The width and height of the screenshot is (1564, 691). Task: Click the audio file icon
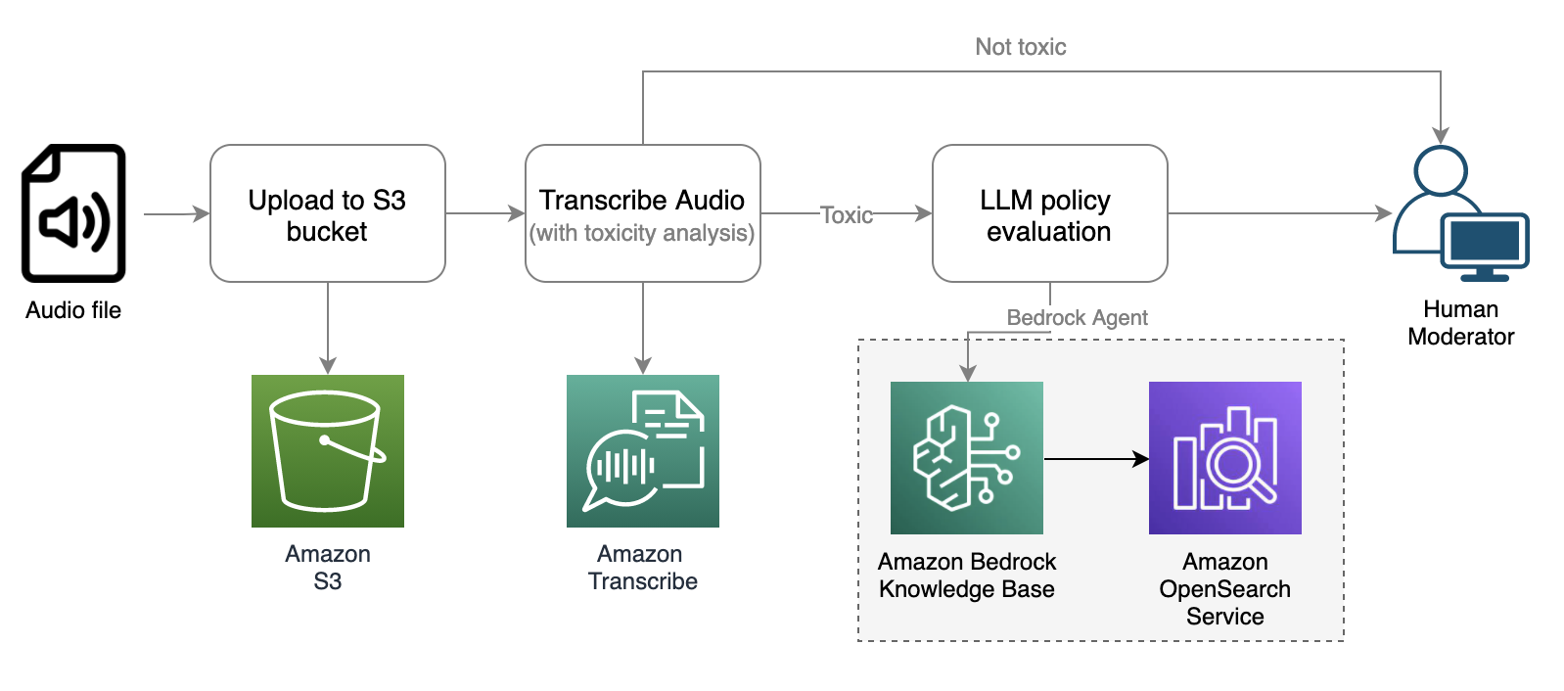(x=73, y=213)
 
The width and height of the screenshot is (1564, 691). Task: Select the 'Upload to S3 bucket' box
(x=327, y=214)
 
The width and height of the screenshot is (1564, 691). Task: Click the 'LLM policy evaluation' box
(x=1049, y=214)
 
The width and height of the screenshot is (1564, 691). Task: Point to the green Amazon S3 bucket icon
(x=327, y=451)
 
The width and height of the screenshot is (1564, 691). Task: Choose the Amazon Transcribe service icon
(x=642, y=451)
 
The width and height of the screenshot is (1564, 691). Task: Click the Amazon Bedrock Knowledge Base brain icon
(x=966, y=458)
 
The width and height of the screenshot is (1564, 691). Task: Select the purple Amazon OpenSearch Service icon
(x=1224, y=458)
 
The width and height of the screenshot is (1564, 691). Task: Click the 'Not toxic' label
(x=1020, y=47)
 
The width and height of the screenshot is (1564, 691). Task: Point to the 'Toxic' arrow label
(x=846, y=214)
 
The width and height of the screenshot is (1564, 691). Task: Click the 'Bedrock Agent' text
(x=1077, y=318)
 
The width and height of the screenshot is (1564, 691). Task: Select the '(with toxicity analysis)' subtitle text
(x=642, y=233)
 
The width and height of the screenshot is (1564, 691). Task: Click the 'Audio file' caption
(x=73, y=310)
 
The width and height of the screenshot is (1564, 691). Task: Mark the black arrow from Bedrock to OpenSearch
(x=1095, y=458)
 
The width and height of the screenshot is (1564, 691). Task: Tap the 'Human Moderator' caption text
(x=1460, y=323)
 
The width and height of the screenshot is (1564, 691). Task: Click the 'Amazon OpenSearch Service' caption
(x=1224, y=589)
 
